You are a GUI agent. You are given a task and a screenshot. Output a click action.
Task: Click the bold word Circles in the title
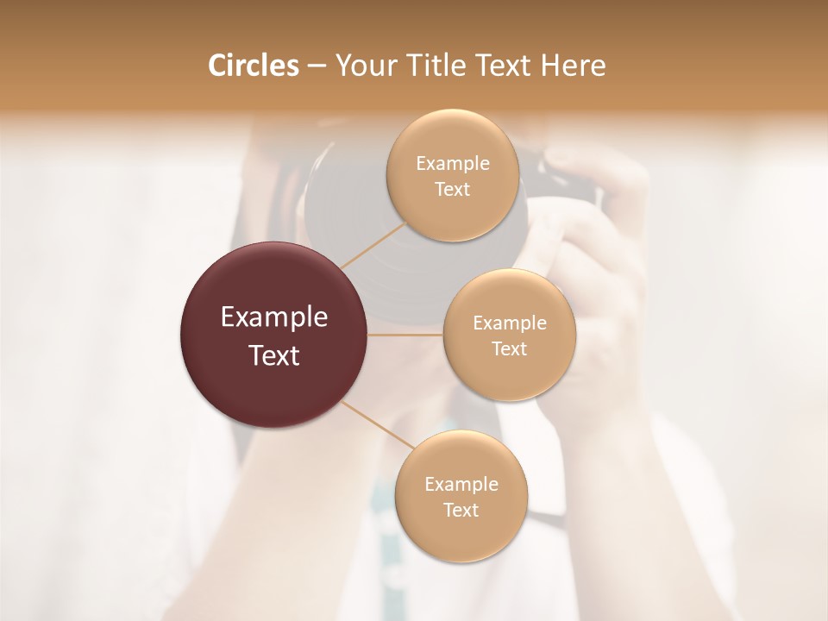(x=253, y=66)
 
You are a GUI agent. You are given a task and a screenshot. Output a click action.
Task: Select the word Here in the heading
(x=574, y=66)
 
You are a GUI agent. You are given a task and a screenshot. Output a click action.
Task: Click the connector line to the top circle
(x=373, y=245)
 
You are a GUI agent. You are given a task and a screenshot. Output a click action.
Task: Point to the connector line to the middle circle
(x=405, y=335)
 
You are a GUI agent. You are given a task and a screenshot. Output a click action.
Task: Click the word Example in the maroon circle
(x=273, y=317)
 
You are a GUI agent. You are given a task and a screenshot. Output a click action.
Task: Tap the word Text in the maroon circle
(x=273, y=355)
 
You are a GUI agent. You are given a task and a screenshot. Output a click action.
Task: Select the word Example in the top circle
(x=452, y=164)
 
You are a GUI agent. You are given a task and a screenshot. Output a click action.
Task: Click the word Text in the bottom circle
(x=461, y=510)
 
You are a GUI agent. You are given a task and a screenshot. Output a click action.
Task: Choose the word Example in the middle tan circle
(x=509, y=323)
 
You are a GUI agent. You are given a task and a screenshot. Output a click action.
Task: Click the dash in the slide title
(x=316, y=66)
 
